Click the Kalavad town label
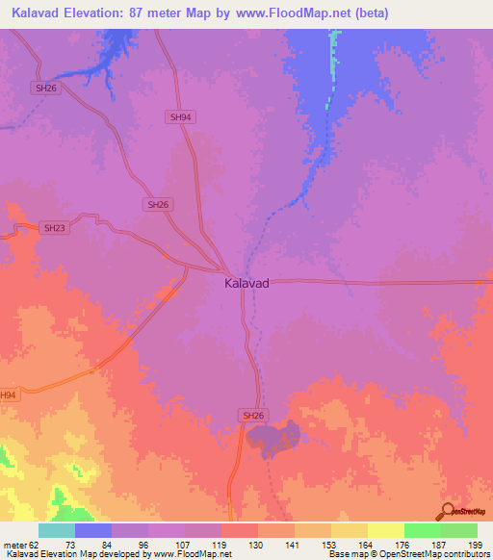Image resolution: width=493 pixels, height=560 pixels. [x=246, y=284]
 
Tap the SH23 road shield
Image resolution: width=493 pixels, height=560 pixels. [x=54, y=228]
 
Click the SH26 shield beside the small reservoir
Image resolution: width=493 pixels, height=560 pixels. [x=252, y=415]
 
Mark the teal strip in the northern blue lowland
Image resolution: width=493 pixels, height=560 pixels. [x=335, y=58]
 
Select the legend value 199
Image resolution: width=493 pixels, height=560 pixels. [x=475, y=544]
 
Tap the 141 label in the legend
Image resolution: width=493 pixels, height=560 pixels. [x=292, y=544]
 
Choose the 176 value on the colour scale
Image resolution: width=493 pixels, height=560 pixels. [x=402, y=544]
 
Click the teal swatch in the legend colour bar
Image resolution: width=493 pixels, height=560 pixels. [x=57, y=530]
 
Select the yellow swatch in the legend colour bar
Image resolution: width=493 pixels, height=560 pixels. [x=385, y=530]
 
